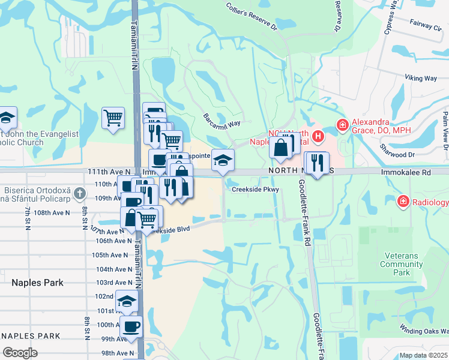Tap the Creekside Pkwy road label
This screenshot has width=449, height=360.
pos(256,189)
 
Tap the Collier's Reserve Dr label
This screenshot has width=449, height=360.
pos(252,16)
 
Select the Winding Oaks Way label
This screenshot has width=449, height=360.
pos(424,328)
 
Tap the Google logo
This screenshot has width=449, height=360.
pos(20,353)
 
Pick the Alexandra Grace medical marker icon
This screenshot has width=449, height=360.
pos(342,125)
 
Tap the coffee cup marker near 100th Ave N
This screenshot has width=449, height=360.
pos(131,327)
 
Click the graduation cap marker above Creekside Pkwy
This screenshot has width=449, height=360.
pos(223,160)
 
